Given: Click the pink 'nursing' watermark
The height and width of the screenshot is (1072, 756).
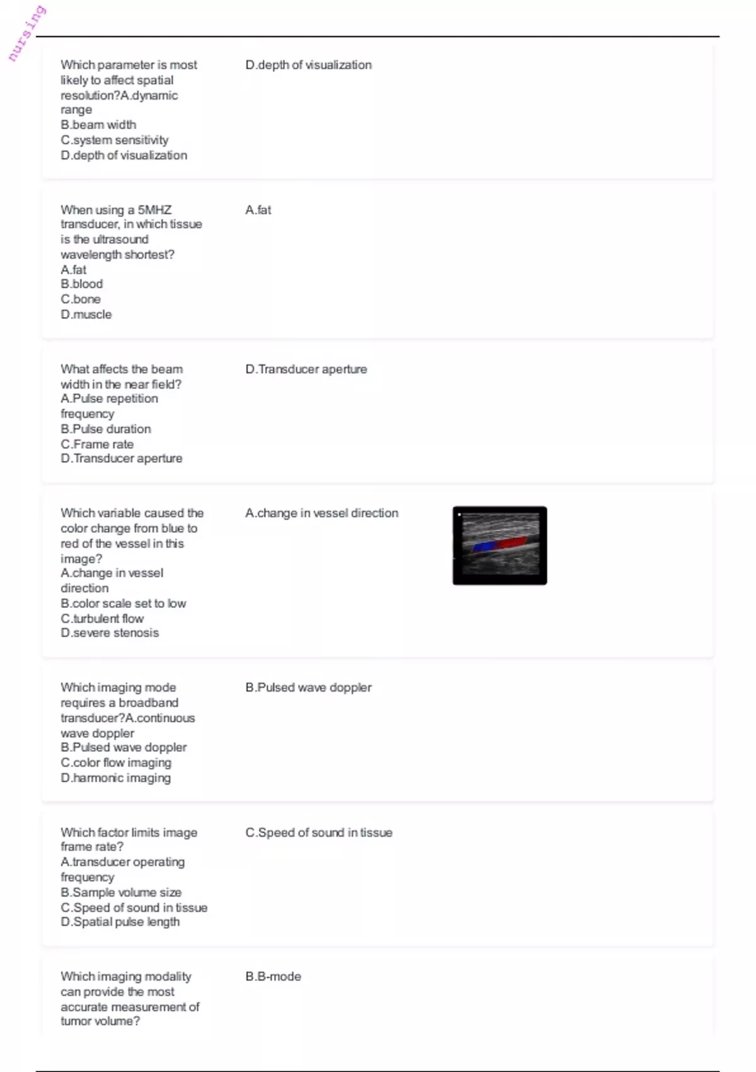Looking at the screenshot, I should pos(26,33).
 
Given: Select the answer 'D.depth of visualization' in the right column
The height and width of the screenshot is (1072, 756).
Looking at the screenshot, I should pos(308,65).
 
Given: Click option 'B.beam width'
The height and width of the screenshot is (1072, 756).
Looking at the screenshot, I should pos(98,125).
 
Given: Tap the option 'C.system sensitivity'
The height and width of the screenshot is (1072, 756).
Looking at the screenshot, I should pos(115,140).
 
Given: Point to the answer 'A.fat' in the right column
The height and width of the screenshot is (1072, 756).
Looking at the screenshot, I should pos(258,210).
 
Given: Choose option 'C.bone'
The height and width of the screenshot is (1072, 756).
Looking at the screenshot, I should pos(81,300).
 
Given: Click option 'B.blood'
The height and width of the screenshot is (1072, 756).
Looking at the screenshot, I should pos(82,284).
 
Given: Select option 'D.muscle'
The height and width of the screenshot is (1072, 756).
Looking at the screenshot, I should pos(86,315).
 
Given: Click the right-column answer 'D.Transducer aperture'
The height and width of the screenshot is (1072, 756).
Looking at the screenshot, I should pos(306,370).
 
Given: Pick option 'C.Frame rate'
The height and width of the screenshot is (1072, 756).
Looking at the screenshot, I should pos(97,445).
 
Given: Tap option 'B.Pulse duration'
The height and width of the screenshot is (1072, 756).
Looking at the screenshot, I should pos(106,429).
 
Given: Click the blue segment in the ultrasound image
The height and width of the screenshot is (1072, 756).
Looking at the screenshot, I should pos(484,547).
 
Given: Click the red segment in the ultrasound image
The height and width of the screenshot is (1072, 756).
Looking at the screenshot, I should pos(513,542).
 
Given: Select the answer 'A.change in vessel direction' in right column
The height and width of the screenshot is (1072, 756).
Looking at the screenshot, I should pos(322,513).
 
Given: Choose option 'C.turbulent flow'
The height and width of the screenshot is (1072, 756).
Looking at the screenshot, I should pos(102,619).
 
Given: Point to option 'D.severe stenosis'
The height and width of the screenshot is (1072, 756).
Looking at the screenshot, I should pos(110,633).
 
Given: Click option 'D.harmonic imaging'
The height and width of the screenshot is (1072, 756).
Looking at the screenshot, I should pos(116,778).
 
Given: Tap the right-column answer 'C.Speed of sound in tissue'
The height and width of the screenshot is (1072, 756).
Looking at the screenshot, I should pos(319,833).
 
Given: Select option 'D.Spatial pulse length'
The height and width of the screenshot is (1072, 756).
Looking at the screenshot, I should pos(120,922).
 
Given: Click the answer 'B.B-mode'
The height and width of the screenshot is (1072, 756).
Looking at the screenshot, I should pos(273,977).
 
